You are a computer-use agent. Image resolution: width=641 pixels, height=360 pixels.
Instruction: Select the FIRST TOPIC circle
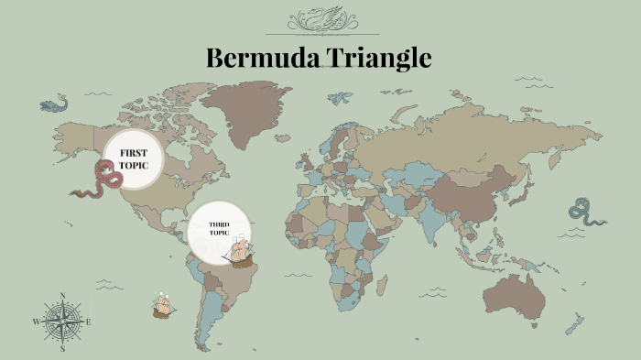pos(134,158)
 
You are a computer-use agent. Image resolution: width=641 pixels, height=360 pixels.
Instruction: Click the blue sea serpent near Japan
pos(584,212)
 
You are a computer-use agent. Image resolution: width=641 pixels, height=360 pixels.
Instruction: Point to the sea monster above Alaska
pos(54,103)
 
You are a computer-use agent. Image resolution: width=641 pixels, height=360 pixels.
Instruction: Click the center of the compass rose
pos(62,322)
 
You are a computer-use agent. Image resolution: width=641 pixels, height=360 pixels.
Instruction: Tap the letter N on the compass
pos(62,295)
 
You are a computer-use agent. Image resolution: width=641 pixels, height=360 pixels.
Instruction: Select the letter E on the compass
pos(88,322)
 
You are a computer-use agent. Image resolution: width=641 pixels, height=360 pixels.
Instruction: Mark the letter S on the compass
pos(62,349)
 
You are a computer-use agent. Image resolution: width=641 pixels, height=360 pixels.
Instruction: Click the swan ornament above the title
pos(320,19)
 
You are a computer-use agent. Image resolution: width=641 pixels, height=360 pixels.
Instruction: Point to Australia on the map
pos(516,290)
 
